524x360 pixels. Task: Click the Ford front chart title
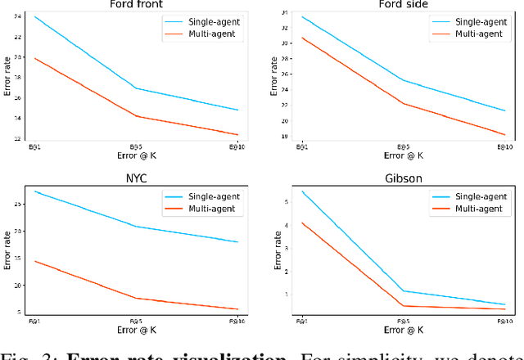[x=136, y=4]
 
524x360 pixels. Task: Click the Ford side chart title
[x=401, y=4]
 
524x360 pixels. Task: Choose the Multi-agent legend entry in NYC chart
[x=206, y=209]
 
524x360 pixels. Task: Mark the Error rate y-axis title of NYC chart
[x=7, y=250]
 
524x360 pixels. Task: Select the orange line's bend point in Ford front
[x=136, y=116]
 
